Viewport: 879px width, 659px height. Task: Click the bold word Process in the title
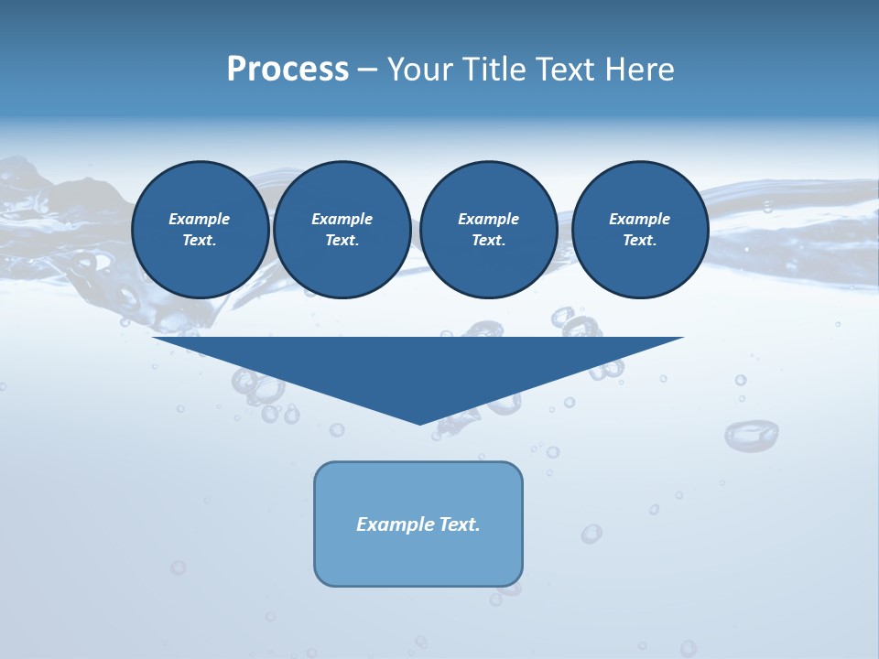pos(288,70)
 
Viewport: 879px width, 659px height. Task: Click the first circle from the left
pos(200,229)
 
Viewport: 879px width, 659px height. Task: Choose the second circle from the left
pos(342,229)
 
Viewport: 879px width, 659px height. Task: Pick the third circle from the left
pos(488,229)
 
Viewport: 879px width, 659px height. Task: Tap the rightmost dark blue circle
pos(640,229)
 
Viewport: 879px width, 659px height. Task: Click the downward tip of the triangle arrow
pos(420,422)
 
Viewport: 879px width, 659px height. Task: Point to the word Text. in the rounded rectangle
pos(460,524)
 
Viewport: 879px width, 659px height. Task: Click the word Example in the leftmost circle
pos(200,219)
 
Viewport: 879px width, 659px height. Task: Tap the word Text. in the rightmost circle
pos(640,240)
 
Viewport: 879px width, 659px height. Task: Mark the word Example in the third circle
pos(488,219)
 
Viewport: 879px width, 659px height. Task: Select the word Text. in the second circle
pos(342,240)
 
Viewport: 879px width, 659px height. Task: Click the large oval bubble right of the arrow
pos(751,435)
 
